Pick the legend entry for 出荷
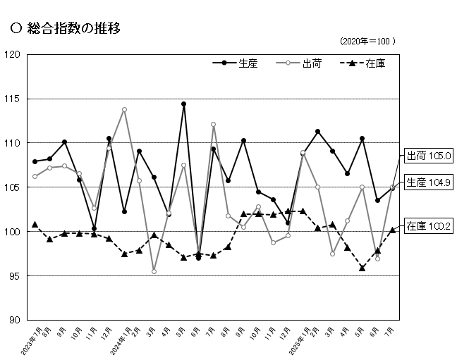311,63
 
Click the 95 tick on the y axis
14,275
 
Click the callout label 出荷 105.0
427,156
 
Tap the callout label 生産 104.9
427,182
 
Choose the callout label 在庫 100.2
427,226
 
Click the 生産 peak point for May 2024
183,104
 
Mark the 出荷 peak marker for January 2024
124,110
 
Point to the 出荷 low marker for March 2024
154,271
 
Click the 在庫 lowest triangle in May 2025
362,268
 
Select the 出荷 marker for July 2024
213,125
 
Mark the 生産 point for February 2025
318,132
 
